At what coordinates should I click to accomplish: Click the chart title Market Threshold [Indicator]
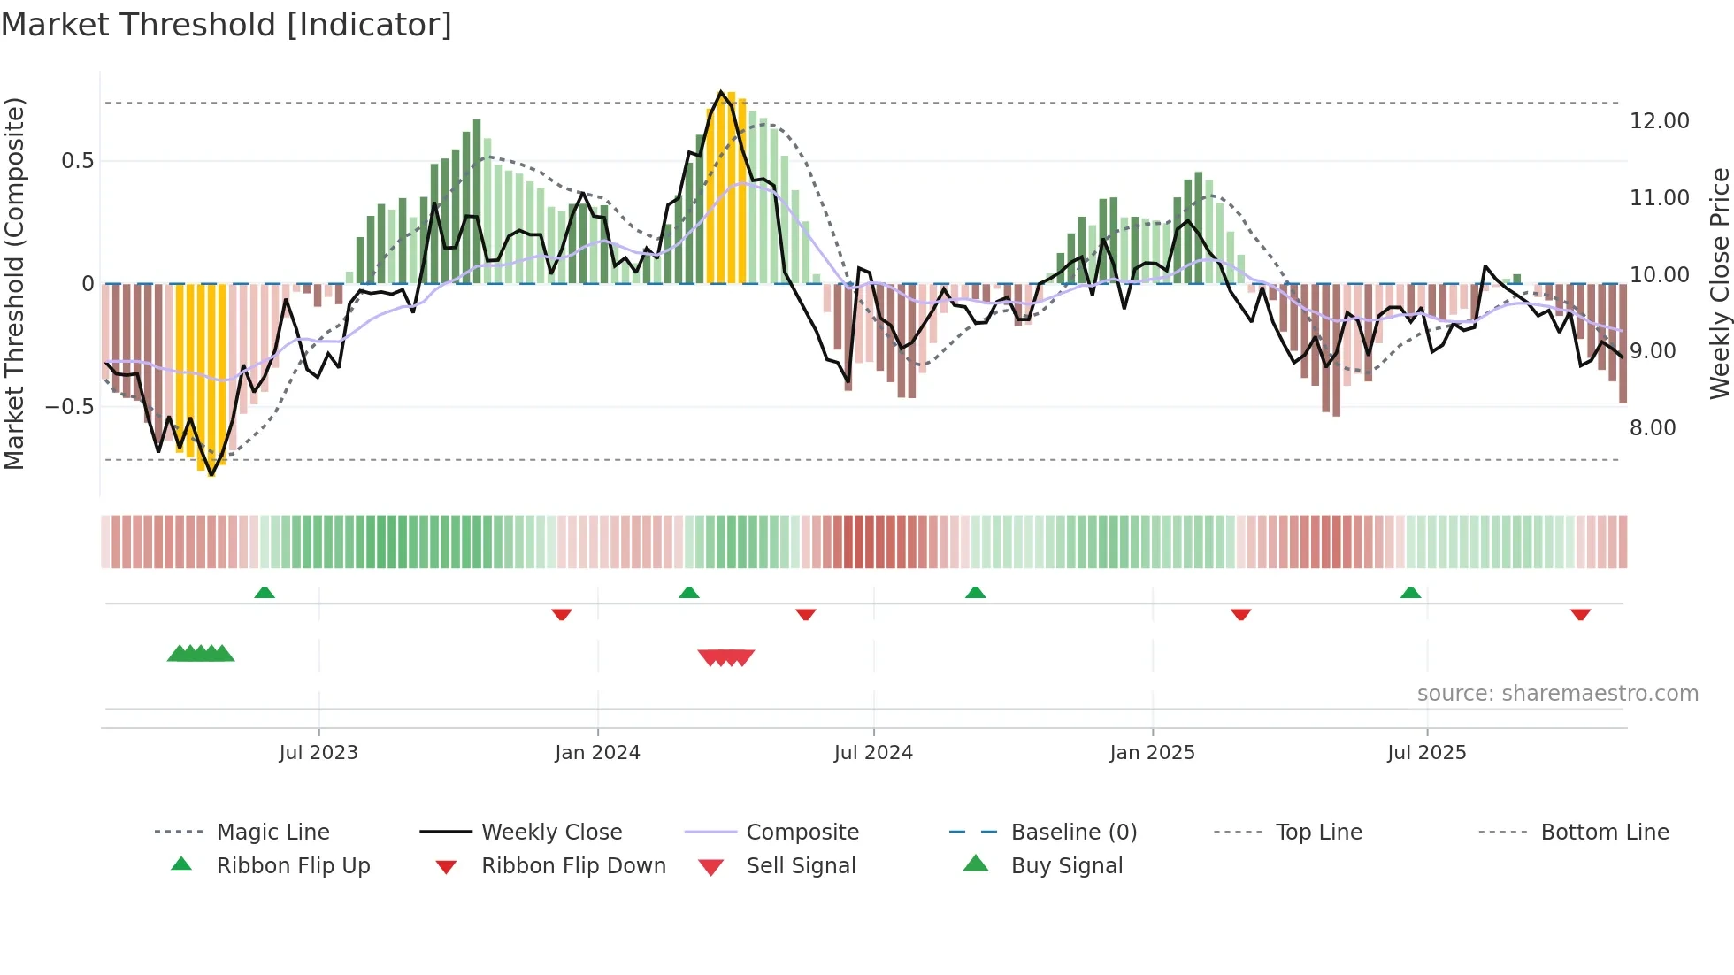click(x=226, y=25)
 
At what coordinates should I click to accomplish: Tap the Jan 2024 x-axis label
click(x=597, y=753)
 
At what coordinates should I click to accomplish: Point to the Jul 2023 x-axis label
click(x=318, y=753)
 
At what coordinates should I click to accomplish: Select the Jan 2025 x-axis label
click(x=1152, y=753)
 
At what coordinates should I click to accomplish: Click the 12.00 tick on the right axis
click(x=1659, y=121)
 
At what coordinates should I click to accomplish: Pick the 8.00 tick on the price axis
click(x=1653, y=428)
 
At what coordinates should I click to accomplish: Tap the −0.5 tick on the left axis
click(x=70, y=407)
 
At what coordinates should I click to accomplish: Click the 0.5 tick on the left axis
click(x=77, y=161)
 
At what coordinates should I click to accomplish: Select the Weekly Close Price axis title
click(x=1719, y=283)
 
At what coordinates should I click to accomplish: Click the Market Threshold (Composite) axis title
click(x=14, y=283)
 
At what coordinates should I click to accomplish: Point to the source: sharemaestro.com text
click(x=1557, y=694)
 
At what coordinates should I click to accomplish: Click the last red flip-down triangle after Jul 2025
click(x=1581, y=614)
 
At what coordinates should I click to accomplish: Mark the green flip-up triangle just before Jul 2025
click(x=1410, y=593)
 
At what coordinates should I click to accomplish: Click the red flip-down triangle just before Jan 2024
click(x=562, y=614)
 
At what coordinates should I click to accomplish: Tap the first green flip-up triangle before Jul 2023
click(x=265, y=593)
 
